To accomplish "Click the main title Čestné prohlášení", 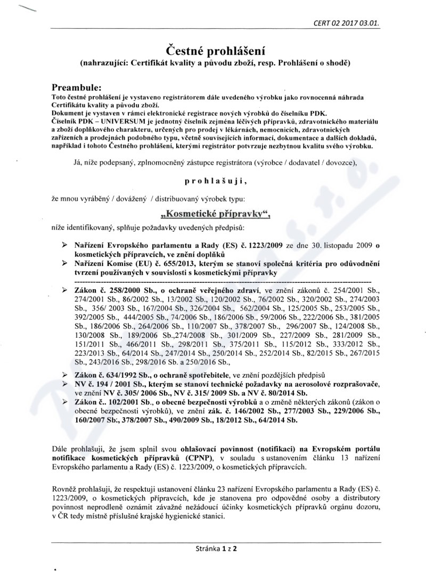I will [213, 51].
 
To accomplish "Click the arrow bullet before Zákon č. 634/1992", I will [64, 376].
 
